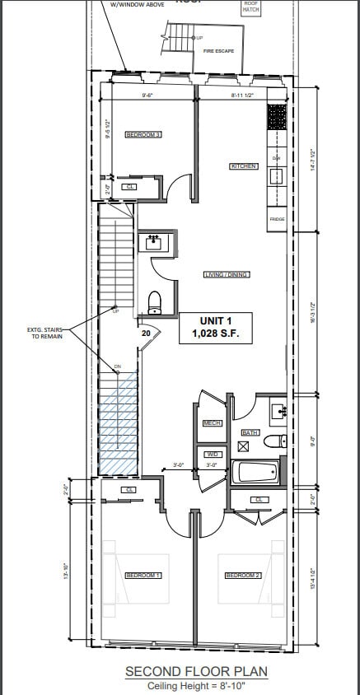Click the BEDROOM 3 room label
(143, 134)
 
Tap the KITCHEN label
(243, 166)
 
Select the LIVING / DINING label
(227, 274)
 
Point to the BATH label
(250, 431)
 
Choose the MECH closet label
(212, 423)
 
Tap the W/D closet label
(212, 454)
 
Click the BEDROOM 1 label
(143, 576)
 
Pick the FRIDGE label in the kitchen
(277, 219)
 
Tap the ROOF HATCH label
(250, 7)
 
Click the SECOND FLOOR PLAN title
(196, 672)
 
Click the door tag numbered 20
(146, 334)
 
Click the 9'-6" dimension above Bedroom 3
(148, 96)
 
